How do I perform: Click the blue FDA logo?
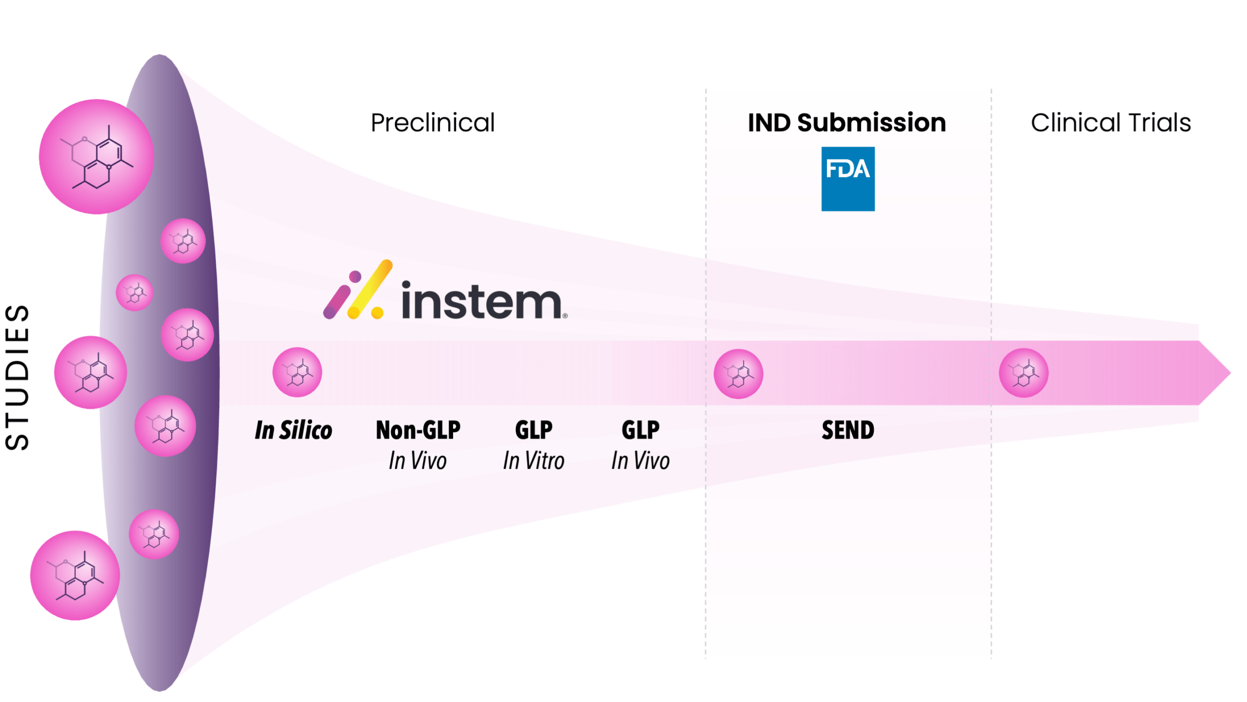848,178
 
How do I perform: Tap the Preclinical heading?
433,122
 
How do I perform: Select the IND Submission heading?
847,122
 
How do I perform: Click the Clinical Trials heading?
1111,122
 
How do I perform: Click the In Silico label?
293,430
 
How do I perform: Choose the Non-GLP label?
418,430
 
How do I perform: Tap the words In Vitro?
533,461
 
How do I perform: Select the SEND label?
848,430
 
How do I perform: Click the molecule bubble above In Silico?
297,372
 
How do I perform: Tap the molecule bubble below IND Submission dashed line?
738,374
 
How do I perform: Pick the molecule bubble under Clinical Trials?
1023,373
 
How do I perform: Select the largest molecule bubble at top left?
96,156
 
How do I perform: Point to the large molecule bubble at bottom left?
75,575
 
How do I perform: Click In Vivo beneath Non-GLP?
417,461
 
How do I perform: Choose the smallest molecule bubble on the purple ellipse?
134,292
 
